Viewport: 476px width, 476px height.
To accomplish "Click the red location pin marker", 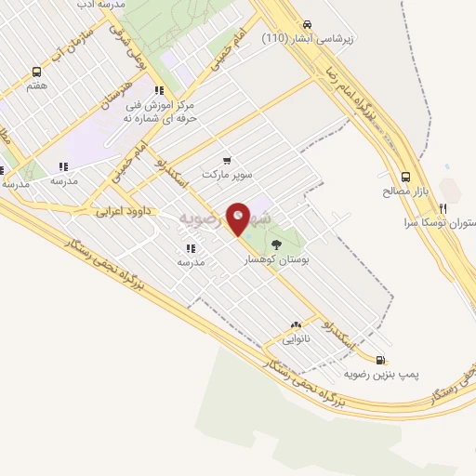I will [239, 218].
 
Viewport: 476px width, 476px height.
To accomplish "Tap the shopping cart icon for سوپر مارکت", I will [226, 160].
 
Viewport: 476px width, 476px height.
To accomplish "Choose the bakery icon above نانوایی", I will [296, 325].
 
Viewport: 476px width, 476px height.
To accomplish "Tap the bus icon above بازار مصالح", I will [405, 177].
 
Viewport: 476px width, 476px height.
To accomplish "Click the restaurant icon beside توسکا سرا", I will [443, 208].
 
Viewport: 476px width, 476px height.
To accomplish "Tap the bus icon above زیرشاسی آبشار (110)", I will [308, 25].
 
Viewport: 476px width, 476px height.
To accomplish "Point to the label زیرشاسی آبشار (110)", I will [310, 39].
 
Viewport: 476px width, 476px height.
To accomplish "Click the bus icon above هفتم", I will [37, 72].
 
